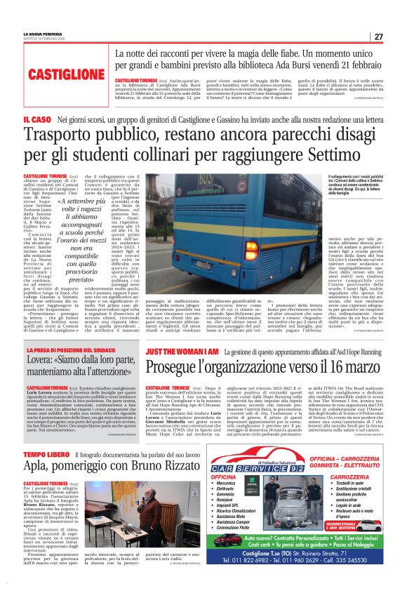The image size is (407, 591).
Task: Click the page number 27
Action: click(x=378, y=36)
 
